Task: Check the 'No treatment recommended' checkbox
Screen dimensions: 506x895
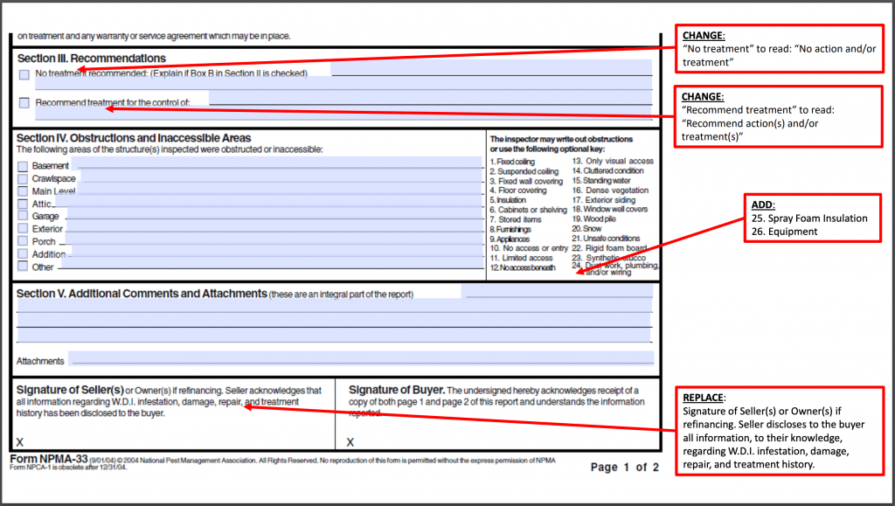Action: [24, 74]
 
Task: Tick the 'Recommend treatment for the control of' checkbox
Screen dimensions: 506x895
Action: [24, 103]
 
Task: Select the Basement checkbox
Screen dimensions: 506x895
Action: [24, 166]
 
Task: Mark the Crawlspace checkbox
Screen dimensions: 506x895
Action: [24, 178]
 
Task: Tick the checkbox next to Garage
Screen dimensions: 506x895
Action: [24, 216]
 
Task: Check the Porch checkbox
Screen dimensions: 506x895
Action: [24, 241]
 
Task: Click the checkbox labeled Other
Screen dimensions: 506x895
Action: [24, 267]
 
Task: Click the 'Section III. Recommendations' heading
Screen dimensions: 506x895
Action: [91, 59]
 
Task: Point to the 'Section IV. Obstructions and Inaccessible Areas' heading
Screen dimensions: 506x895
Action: [134, 138]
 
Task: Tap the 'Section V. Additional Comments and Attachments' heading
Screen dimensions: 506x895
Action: [142, 294]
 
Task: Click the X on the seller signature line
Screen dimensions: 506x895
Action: [20, 442]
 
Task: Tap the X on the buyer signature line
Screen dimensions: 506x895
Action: [350, 442]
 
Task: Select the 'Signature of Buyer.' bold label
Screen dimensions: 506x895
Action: [397, 390]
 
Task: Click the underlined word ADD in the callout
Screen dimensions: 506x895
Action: [763, 204]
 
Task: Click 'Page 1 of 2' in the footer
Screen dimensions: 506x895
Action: [624, 468]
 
